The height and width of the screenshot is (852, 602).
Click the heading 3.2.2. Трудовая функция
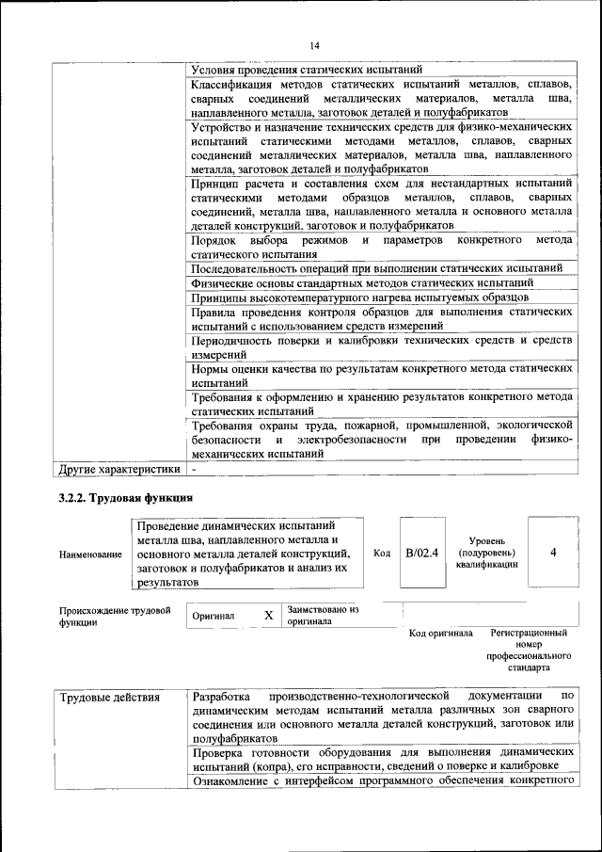pos(125,497)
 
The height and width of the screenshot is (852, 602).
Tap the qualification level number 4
pos(552,553)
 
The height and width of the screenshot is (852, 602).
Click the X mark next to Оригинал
pos(268,616)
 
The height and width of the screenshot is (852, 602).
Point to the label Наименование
pos(90,555)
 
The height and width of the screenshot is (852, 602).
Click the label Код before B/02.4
pos(382,553)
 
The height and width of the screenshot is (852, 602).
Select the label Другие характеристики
pos(119,468)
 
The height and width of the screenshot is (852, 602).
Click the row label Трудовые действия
pos(110,698)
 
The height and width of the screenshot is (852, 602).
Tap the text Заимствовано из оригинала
pos(324,615)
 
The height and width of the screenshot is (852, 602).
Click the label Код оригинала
pos(441,634)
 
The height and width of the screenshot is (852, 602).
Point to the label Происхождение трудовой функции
pos(115,616)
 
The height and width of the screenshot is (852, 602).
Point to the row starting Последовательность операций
pos(376,268)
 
